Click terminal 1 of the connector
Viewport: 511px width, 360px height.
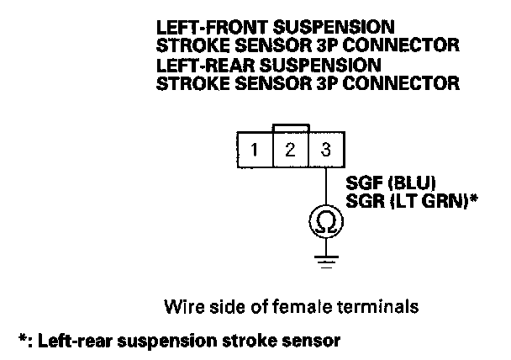click(x=255, y=150)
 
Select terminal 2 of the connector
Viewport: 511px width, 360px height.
click(x=290, y=150)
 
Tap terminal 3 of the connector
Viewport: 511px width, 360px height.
click(x=327, y=150)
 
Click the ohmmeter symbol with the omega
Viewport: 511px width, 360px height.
click(x=326, y=222)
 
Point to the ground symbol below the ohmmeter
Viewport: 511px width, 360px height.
click(x=326, y=262)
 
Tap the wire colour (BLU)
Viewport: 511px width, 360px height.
click(x=412, y=183)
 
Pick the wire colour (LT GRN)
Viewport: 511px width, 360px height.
click(x=429, y=201)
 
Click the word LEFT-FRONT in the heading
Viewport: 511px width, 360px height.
click(x=213, y=28)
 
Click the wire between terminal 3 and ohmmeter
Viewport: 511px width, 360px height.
click(x=326, y=186)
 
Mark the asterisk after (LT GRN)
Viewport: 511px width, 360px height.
click(x=473, y=198)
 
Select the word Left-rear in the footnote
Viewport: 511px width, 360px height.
click(x=76, y=341)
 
